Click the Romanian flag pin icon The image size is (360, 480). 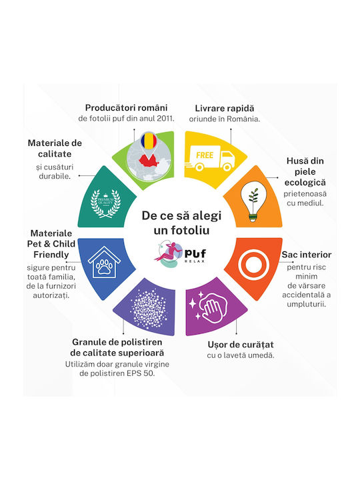[x=149, y=141]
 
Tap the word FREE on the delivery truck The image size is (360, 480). [x=205, y=155]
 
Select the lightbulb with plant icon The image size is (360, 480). [x=253, y=201]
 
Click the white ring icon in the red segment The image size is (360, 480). [x=253, y=265]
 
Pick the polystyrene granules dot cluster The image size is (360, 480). [x=149, y=308]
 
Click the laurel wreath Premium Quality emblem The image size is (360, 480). [x=105, y=203]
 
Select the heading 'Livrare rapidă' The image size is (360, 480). [x=225, y=108]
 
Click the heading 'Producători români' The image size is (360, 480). [x=126, y=108]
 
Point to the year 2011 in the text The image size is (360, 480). [x=165, y=118]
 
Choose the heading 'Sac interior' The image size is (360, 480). [x=307, y=255]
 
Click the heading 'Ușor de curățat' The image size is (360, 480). [x=241, y=345]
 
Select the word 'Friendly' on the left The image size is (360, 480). [x=51, y=255]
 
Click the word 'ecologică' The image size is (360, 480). [x=305, y=183]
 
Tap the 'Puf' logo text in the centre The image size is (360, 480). [x=195, y=253]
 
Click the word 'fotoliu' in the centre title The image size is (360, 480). [x=190, y=230]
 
